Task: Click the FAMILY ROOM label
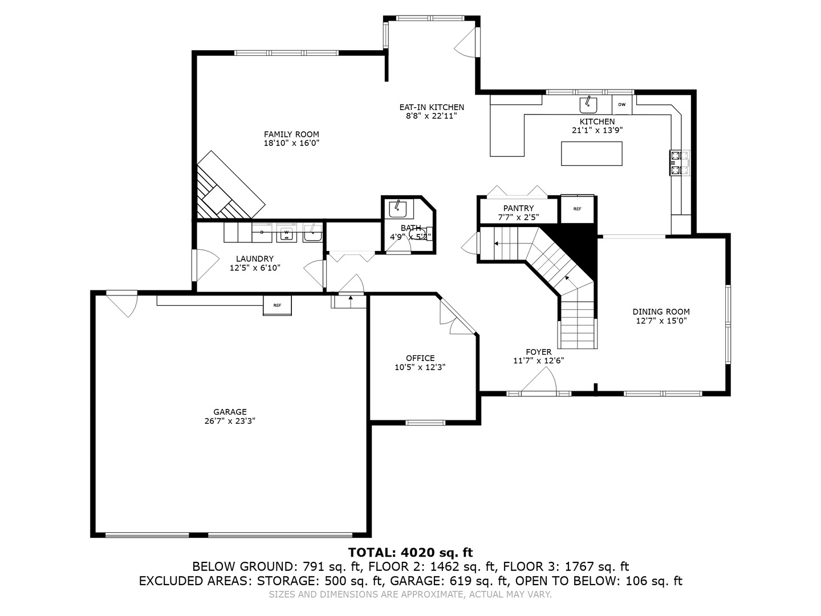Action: click(x=291, y=135)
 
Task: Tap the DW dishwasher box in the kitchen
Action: click(x=621, y=104)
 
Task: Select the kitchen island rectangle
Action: click(x=591, y=153)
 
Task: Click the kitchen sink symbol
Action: click(x=588, y=105)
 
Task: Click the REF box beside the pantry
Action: click(x=577, y=209)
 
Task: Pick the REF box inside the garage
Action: click(x=277, y=305)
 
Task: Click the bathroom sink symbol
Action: click(x=397, y=209)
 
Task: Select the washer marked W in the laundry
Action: click(x=287, y=233)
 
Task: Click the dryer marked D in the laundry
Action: click(x=262, y=232)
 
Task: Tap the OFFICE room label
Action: click(x=420, y=358)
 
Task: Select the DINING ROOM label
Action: click(x=661, y=311)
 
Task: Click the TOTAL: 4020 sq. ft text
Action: click(x=410, y=552)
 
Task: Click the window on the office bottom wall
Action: click(x=425, y=423)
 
